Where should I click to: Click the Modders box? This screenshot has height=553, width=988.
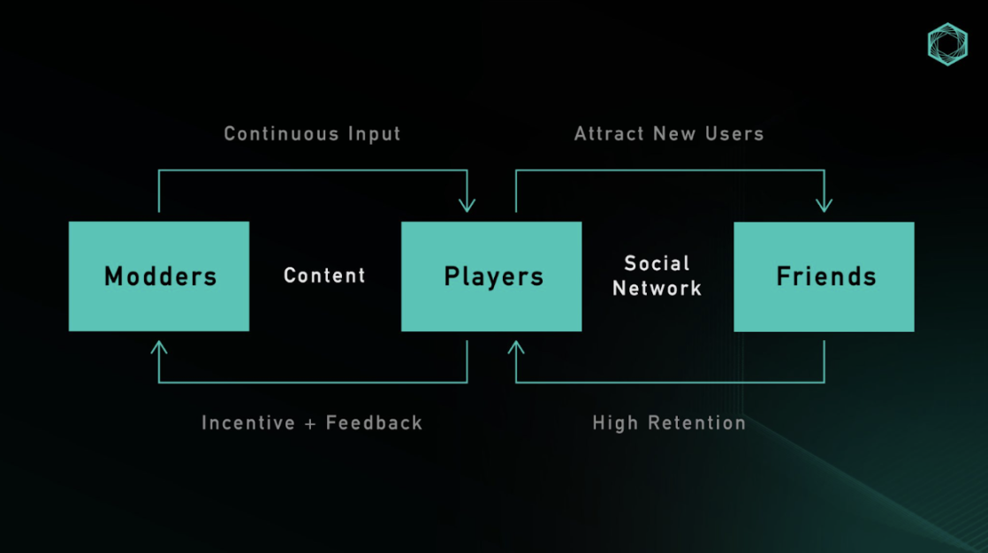(x=159, y=276)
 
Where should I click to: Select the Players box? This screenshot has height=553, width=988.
(x=491, y=276)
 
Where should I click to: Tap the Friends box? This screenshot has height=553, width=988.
(x=824, y=276)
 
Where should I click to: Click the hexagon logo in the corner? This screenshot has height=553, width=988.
(x=947, y=44)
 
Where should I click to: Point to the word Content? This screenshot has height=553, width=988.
(x=324, y=276)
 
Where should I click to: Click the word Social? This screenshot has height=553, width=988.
(x=657, y=263)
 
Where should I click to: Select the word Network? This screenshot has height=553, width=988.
(x=657, y=288)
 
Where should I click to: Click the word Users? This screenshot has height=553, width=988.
(x=734, y=134)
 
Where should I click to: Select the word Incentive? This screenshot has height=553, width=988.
(x=248, y=423)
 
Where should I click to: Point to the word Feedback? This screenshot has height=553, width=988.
(x=375, y=423)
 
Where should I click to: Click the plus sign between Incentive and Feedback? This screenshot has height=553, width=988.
(x=310, y=423)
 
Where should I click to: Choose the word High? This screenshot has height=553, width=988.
(x=613, y=423)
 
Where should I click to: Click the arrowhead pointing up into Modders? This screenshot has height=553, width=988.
(x=159, y=348)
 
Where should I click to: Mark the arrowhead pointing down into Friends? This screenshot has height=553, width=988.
(x=824, y=205)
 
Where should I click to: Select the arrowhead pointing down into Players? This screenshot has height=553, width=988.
(x=467, y=205)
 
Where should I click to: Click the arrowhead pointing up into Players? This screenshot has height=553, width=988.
(x=516, y=348)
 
